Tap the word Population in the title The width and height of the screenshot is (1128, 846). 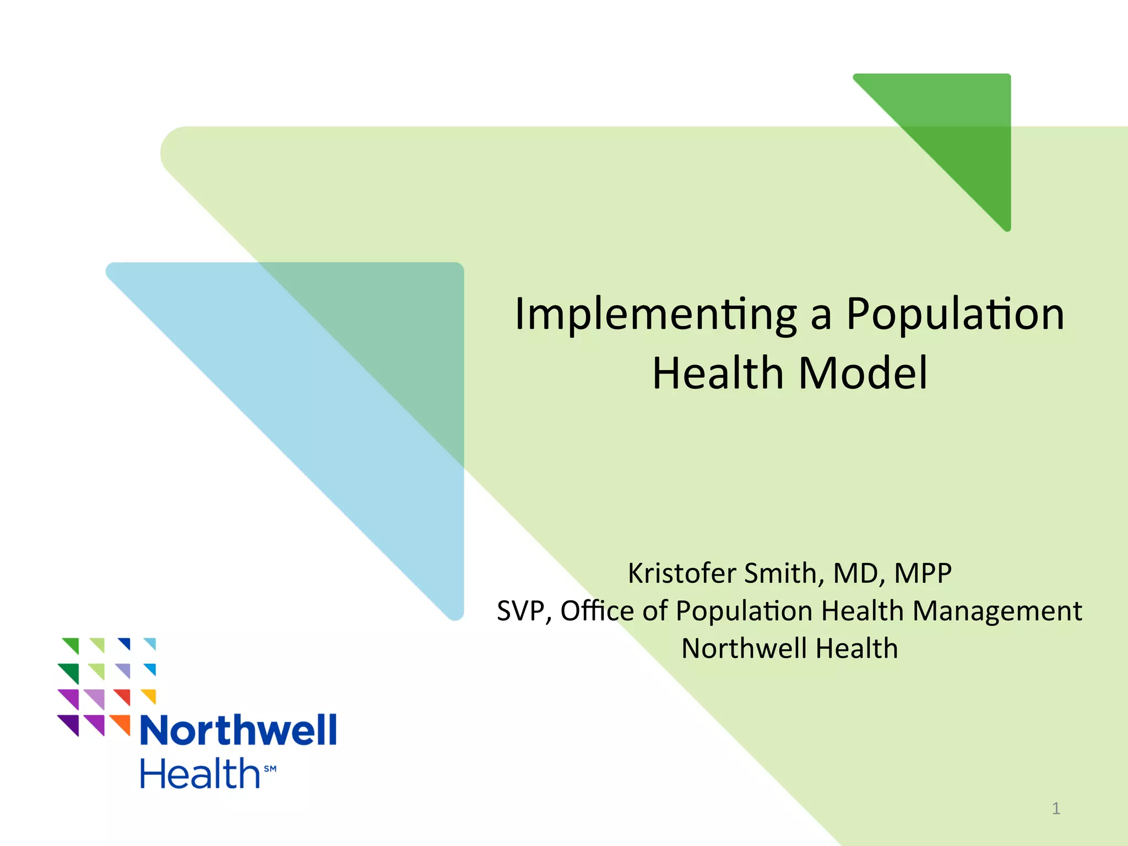click(955, 315)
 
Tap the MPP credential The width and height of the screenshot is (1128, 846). click(923, 573)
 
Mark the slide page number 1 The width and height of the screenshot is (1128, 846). click(1056, 809)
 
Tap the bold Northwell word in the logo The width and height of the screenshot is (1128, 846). click(238, 730)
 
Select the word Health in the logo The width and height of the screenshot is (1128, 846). click(199, 773)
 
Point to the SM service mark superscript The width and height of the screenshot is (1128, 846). click(270, 768)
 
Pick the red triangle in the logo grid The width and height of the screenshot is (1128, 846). click(124, 696)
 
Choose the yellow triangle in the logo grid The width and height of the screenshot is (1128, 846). click(150, 695)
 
